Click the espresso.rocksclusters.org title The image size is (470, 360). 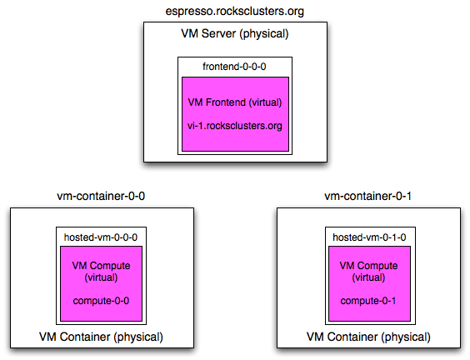click(235, 12)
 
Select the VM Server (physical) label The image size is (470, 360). click(235, 33)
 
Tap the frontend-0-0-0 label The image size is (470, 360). click(234, 67)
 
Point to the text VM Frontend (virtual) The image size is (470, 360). click(235, 102)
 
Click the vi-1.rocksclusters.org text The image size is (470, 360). click(235, 126)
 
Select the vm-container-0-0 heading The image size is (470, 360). click(101, 196)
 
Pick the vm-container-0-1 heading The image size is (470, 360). click(367, 196)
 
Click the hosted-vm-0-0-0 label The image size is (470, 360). click(101, 237)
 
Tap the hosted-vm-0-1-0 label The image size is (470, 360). click(369, 237)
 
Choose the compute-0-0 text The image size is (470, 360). click(101, 301)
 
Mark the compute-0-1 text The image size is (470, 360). click(368, 301)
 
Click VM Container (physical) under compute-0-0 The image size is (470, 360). click(101, 337)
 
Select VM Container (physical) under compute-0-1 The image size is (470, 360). click(368, 337)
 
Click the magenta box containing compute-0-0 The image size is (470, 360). click(102, 283)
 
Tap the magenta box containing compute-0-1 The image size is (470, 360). click(370, 283)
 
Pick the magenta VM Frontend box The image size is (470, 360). click(235, 114)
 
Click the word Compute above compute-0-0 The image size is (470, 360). click(110, 266)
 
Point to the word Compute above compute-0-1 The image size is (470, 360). click(377, 266)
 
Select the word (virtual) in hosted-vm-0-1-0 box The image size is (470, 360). click(368, 277)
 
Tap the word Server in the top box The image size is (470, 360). click(218, 33)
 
